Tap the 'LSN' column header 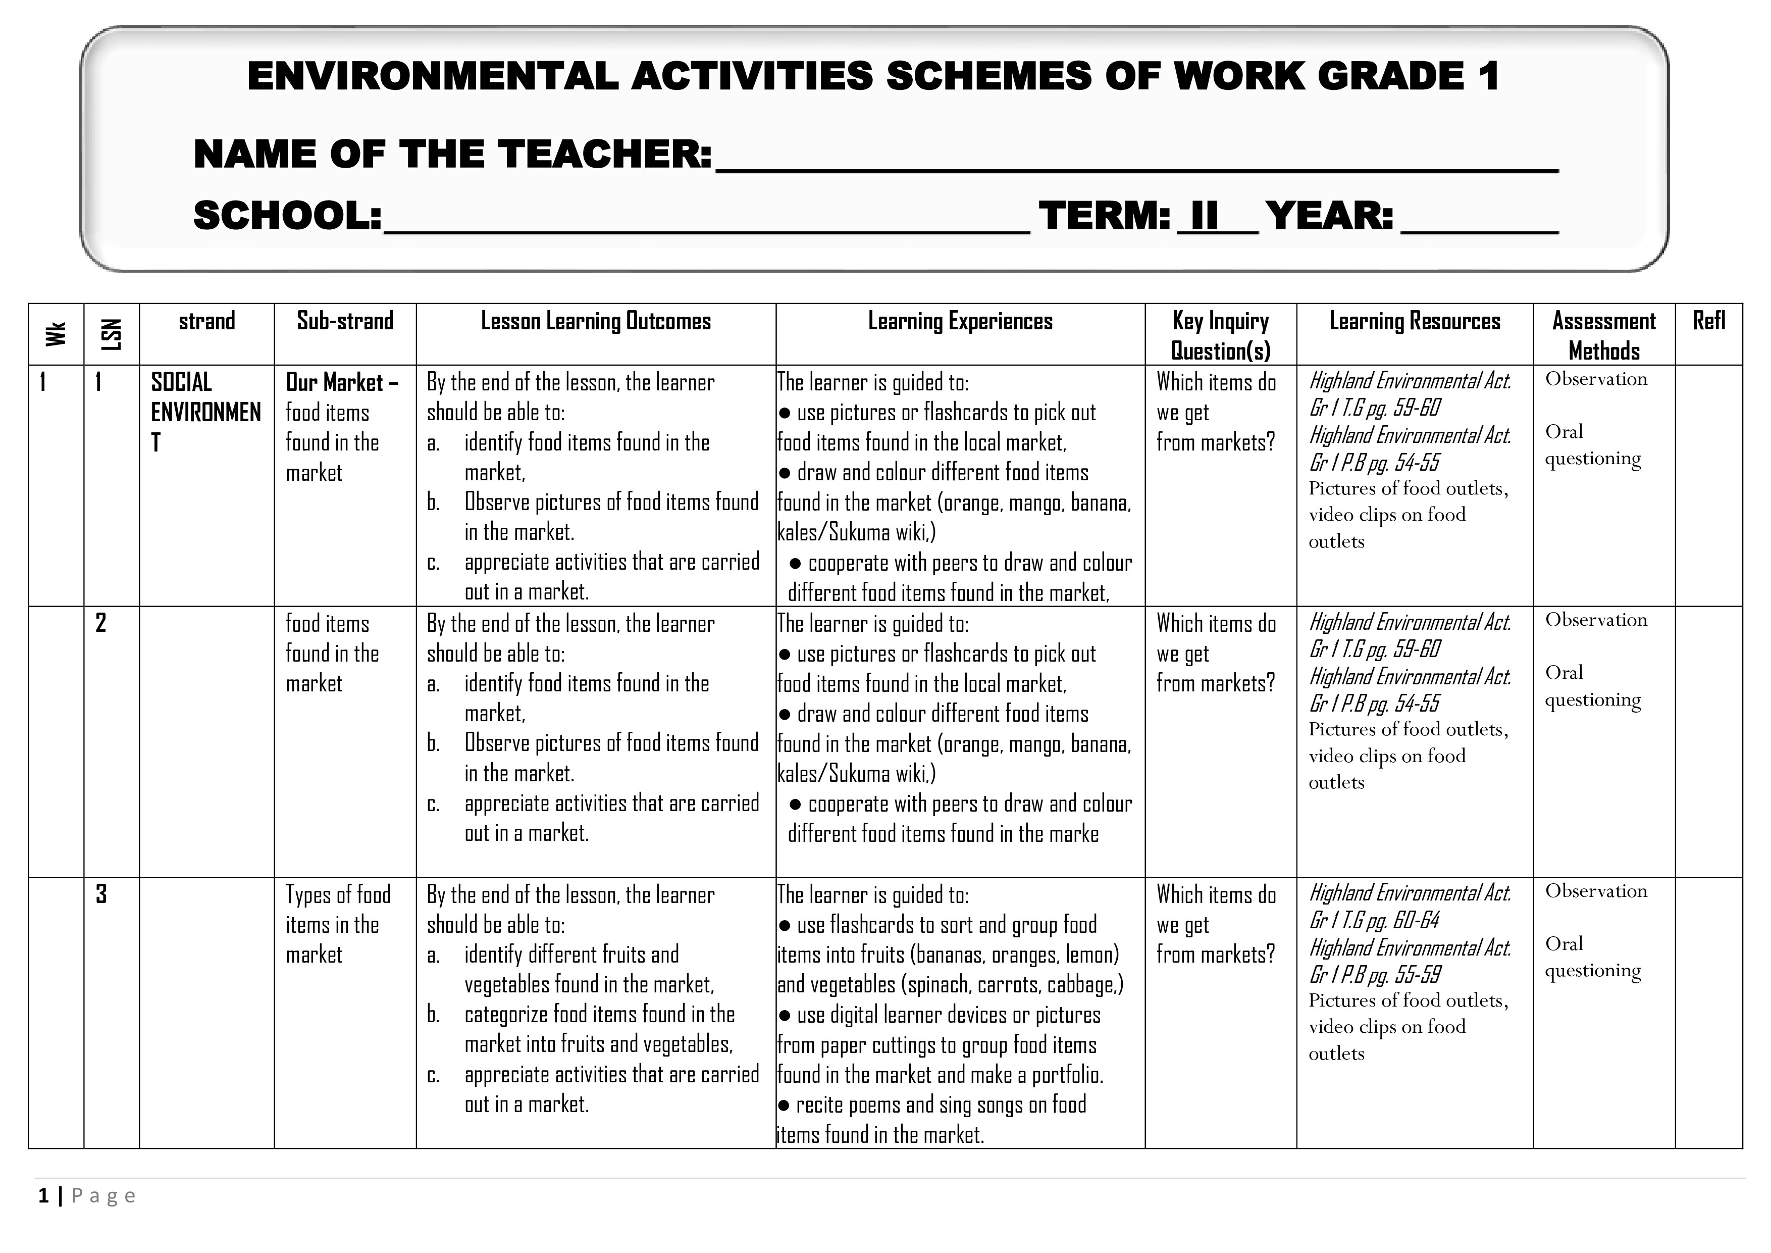tap(111, 334)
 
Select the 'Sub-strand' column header tap(345, 321)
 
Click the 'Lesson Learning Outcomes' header tap(596, 321)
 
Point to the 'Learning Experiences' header tap(960, 321)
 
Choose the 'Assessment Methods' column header tap(1603, 336)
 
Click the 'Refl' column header tap(1708, 321)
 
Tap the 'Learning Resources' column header tap(1414, 321)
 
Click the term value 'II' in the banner tap(1204, 215)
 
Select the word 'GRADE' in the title tap(1391, 76)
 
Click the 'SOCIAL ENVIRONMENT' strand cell tap(205, 412)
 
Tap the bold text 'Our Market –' tap(342, 383)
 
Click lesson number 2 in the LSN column tap(101, 623)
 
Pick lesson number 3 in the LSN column tap(101, 894)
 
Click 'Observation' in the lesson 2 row tap(1595, 620)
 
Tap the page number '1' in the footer tap(44, 1196)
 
